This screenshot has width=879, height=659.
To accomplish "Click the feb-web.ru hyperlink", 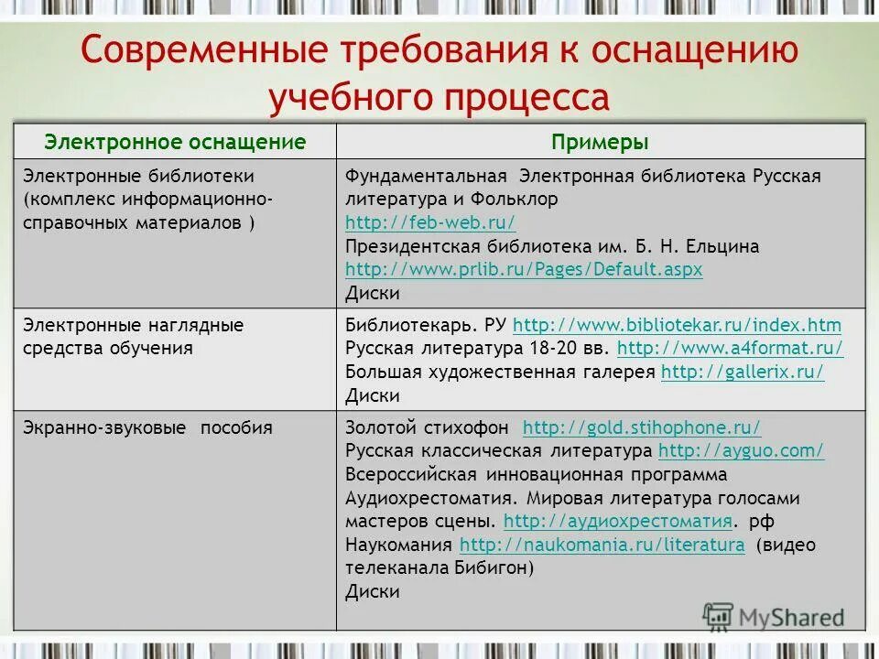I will pyautogui.click(x=430, y=222).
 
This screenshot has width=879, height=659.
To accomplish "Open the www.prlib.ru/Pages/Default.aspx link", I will pyautogui.click(x=524, y=270).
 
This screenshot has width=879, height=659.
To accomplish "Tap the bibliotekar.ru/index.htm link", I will pyautogui.click(x=677, y=325).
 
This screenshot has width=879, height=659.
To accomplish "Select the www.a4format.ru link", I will pyautogui.click(x=730, y=348).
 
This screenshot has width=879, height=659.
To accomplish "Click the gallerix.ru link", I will pyautogui.click(x=743, y=372).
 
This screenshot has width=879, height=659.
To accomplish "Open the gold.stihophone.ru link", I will pyautogui.click(x=641, y=427).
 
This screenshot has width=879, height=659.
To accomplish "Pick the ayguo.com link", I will pyautogui.click(x=741, y=450).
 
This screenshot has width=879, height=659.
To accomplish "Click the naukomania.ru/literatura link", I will pyautogui.click(x=602, y=546).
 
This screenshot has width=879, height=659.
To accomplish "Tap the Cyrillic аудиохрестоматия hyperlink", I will pyautogui.click(x=617, y=522).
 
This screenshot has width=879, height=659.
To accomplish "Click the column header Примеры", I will pyautogui.click(x=600, y=142).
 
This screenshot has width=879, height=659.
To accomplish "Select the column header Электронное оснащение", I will pyautogui.click(x=176, y=142).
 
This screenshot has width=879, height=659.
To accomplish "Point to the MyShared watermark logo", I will pyautogui.click(x=774, y=616).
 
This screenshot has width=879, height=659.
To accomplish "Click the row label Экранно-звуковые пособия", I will pyautogui.click(x=147, y=427).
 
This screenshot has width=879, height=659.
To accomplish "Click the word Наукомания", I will pyautogui.click(x=398, y=546).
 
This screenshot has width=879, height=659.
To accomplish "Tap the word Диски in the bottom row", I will pyautogui.click(x=373, y=592).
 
